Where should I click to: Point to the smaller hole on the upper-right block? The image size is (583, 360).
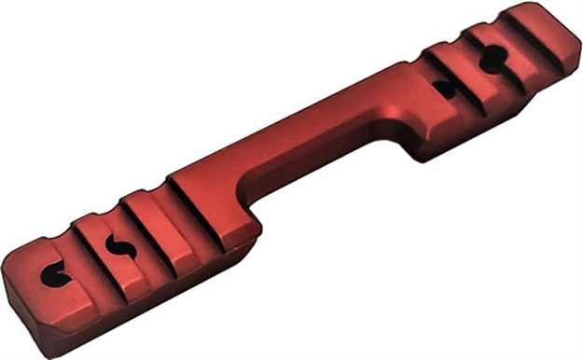tap(446, 90)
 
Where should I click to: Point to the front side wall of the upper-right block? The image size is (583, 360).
tap(485, 126)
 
